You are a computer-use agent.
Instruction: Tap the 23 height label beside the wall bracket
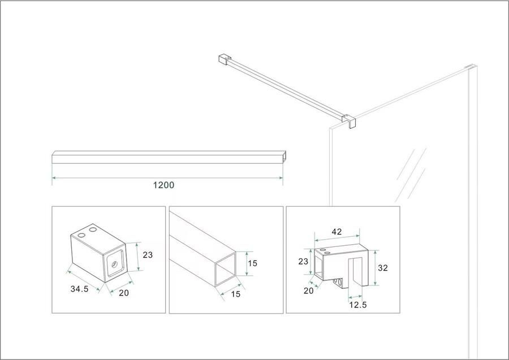click(x=148, y=255)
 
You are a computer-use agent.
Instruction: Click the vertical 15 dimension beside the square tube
click(x=253, y=263)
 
